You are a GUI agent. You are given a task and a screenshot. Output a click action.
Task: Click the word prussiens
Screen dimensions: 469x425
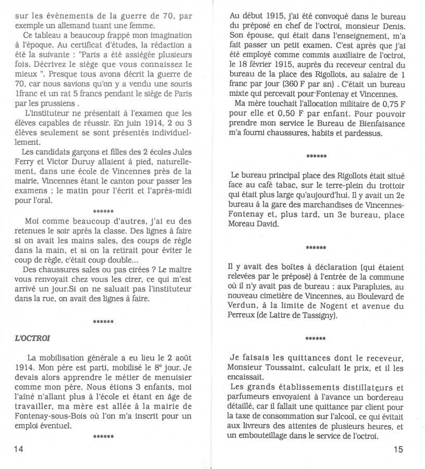49,103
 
